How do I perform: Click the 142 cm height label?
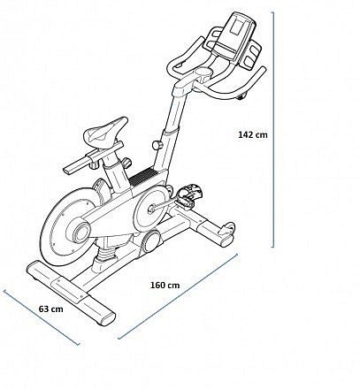tap(253, 134)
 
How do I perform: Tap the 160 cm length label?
tap(165, 286)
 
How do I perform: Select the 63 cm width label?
tap(51, 309)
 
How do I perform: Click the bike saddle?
tap(105, 132)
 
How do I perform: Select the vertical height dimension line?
tap(272, 130)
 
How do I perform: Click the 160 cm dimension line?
tap(178, 296)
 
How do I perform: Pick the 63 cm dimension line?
tap(42, 317)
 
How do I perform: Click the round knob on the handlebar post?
tap(157, 145)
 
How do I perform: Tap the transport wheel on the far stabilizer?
tap(229, 228)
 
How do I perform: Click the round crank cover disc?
tap(150, 209)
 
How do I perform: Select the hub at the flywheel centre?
tap(80, 231)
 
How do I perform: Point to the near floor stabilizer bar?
tap(71, 293)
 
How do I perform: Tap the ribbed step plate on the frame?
tap(142, 177)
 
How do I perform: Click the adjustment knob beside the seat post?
tap(127, 163)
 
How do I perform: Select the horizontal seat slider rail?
tap(93, 158)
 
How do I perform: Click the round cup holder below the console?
tap(203, 72)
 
